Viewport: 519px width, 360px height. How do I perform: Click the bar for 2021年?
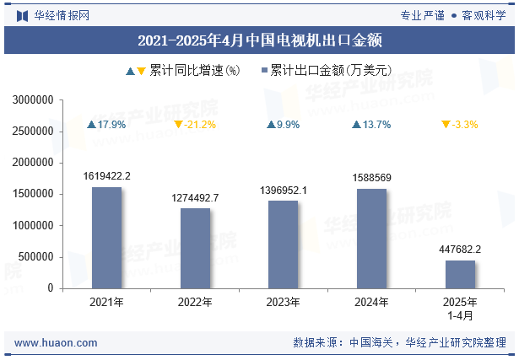tap(106, 238)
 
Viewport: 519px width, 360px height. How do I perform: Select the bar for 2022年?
tap(195, 248)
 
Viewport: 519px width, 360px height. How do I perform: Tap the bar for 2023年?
tap(284, 244)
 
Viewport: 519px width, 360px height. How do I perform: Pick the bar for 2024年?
tap(371, 239)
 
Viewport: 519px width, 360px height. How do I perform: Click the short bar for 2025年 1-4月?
tap(460, 274)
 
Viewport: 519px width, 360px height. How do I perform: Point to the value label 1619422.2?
tap(106, 176)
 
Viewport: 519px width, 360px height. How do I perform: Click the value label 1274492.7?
tap(195, 197)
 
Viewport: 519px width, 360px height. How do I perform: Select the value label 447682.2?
tap(460, 250)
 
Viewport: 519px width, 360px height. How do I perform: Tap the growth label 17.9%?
tap(111, 125)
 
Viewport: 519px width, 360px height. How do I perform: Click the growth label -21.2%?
tap(200, 125)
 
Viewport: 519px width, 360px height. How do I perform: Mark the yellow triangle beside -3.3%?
tap(446, 125)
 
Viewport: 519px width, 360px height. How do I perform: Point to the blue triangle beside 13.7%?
tap(357, 125)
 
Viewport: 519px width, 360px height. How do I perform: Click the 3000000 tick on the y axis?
tap(34, 100)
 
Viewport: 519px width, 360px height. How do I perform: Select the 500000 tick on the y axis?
tap(37, 257)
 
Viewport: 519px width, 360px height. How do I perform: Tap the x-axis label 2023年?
tap(284, 302)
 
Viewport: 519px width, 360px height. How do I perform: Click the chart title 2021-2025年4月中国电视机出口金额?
tap(259, 39)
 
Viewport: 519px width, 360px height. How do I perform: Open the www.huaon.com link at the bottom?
tap(56, 343)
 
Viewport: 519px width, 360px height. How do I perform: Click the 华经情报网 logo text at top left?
tap(61, 14)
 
